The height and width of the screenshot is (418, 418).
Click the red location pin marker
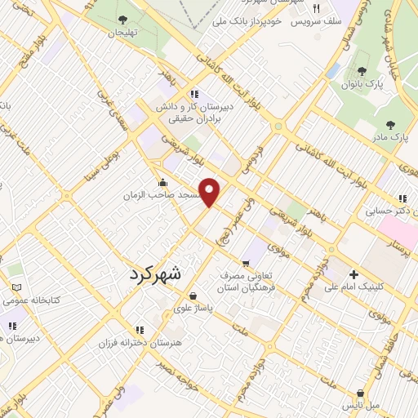pos(211,192)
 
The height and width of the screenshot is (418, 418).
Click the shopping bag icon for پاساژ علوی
pos(192,296)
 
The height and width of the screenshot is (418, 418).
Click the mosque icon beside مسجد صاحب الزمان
pos(163,184)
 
